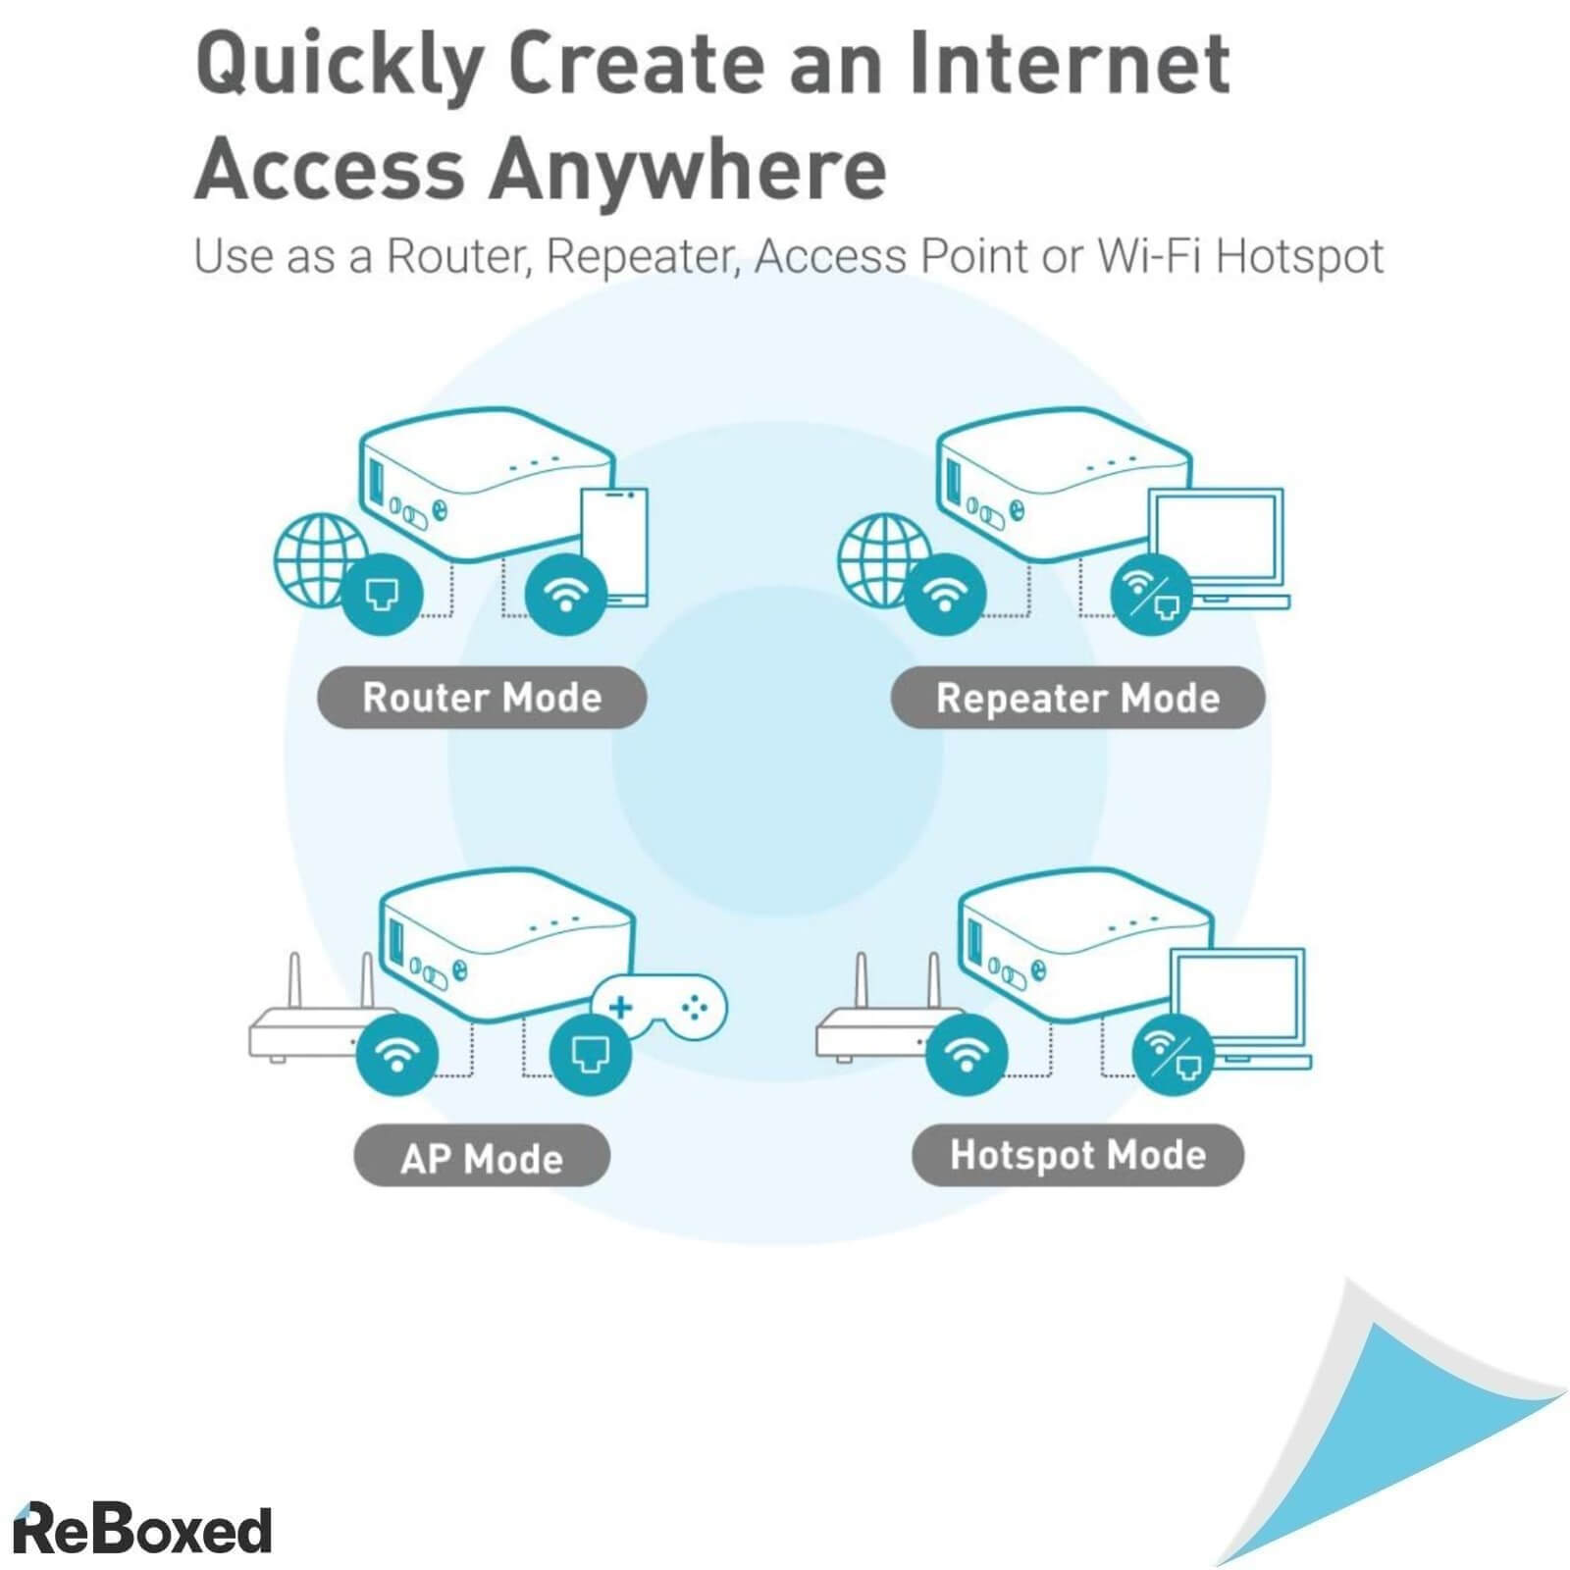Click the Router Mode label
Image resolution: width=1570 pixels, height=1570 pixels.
[482, 698]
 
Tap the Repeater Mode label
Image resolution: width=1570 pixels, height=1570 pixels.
[1077, 698]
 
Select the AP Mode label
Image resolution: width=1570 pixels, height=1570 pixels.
[482, 1157]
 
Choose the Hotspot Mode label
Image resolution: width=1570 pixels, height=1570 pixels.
[1077, 1155]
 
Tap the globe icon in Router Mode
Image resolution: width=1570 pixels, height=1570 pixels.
[317, 560]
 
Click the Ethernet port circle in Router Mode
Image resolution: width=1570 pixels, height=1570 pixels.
[382, 594]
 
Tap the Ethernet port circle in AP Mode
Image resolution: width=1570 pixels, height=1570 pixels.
[590, 1054]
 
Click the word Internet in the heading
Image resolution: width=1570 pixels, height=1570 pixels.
[1069, 63]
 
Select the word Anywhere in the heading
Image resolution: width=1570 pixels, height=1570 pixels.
[688, 169]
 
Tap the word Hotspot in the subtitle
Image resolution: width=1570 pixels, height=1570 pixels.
[1299, 256]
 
